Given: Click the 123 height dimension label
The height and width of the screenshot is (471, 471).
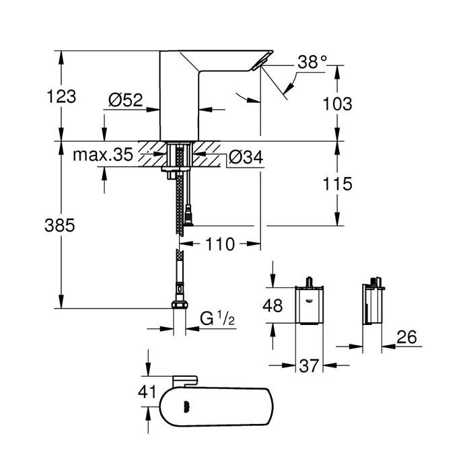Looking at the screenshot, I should tap(62, 96).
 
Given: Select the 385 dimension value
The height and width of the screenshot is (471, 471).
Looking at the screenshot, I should tap(62, 226).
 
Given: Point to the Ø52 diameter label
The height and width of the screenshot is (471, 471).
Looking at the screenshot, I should tap(126, 100).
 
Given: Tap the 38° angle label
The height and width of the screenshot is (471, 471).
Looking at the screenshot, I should tap(312, 62).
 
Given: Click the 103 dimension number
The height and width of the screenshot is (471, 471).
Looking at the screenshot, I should tap(338, 104).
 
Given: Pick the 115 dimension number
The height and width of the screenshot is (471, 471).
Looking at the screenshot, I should tap(338, 184).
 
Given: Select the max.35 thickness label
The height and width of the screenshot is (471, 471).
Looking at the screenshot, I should tap(103, 155).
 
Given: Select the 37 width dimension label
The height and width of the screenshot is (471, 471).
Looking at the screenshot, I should tap(310, 367).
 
